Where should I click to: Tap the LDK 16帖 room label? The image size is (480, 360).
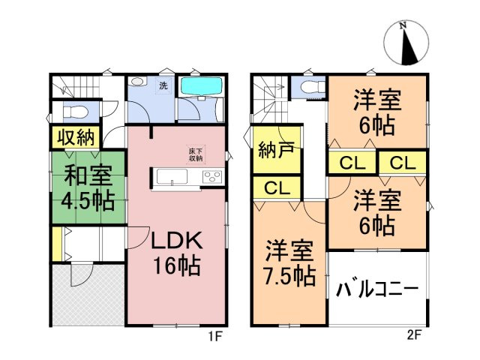(x=176, y=253)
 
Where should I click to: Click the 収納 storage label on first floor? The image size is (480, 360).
(x=73, y=138)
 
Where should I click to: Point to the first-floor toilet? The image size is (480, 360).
(x=76, y=112)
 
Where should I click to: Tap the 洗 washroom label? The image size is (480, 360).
(x=162, y=85)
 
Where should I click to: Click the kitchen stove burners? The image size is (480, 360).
(x=211, y=178)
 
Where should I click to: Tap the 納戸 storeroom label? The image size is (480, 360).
(x=275, y=148)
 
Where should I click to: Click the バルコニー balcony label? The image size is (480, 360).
(x=377, y=289)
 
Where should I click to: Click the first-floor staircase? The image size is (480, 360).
(x=79, y=86)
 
